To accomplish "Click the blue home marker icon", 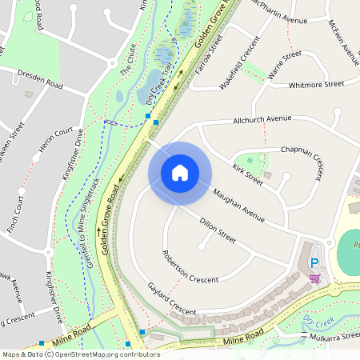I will coord(180,173).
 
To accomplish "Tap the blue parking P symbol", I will coord(314,262).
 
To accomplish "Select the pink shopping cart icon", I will coord(314,278).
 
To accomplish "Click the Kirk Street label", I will coord(247,174).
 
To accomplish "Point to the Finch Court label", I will coord(14,209).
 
